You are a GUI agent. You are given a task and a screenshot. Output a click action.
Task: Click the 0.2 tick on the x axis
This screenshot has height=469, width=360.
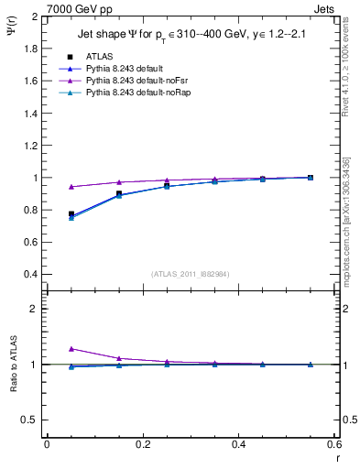(142, 445)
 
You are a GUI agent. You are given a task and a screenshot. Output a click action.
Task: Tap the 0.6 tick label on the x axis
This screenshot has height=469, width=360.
(333, 445)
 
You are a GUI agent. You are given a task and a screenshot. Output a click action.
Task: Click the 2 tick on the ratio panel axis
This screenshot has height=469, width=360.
(36, 309)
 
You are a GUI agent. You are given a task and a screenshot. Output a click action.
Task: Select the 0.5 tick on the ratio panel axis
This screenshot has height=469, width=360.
(31, 420)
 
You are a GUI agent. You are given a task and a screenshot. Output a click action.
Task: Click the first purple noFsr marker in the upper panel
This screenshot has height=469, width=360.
(71, 187)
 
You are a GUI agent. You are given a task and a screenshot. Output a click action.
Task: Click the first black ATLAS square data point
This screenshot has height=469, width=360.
(71, 214)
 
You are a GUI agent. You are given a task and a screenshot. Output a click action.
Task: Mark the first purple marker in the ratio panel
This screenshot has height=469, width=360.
(71, 349)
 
